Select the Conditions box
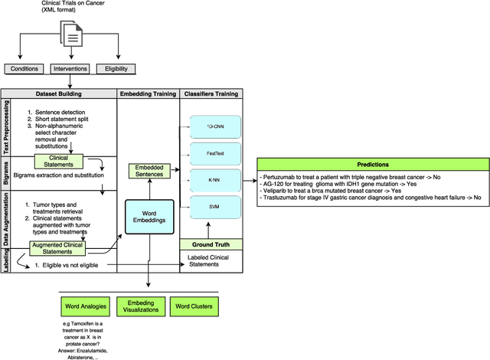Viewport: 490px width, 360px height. [24, 69]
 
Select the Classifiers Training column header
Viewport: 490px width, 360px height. [210, 93]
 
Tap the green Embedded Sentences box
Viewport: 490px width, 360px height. [148, 172]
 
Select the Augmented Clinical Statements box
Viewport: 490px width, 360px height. [58, 248]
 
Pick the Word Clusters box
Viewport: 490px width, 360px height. [193, 307]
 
